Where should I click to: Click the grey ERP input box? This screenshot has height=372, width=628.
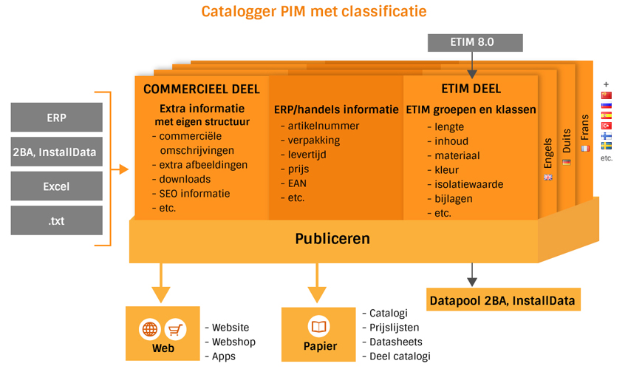[56, 118]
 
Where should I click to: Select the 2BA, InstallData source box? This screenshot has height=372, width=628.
[56, 152]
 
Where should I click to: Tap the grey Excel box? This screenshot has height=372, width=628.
[56, 186]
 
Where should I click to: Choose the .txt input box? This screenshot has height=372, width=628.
[56, 220]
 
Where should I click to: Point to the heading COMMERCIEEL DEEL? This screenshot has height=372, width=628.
[201, 89]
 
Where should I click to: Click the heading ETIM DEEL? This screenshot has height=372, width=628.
[471, 89]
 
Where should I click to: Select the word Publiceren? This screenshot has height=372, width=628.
[332, 239]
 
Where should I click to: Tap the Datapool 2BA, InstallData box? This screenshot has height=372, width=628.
[502, 300]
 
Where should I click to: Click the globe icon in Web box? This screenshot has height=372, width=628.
[149, 329]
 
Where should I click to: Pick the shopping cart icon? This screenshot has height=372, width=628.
[175, 329]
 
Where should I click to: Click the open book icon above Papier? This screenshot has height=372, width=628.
[319, 327]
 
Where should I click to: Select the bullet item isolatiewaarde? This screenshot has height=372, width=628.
[468, 184]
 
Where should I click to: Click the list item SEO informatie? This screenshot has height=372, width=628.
[194, 194]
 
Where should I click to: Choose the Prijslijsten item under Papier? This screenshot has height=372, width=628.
[394, 328]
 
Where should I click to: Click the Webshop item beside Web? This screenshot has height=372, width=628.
[233, 342]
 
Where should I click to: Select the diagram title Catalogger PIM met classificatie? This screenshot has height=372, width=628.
[314, 11]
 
